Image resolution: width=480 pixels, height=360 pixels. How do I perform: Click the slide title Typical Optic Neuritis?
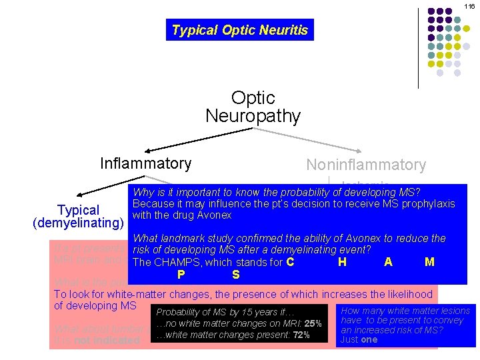pyautogui.click(x=239, y=30)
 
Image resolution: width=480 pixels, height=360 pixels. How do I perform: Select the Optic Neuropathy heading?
pyautogui.click(x=253, y=107)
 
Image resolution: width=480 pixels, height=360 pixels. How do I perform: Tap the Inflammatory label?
pyautogui.click(x=145, y=163)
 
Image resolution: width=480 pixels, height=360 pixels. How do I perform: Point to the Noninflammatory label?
pyautogui.click(x=365, y=165)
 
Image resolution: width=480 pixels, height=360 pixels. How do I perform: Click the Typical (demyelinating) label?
pyautogui.click(x=79, y=217)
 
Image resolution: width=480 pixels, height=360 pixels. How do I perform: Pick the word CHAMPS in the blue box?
pyautogui.click(x=179, y=262)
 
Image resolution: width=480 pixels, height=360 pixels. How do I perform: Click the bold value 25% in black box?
pyautogui.click(x=313, y=324)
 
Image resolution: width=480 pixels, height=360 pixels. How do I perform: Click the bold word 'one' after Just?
pyautogui.click(x=368, y=339)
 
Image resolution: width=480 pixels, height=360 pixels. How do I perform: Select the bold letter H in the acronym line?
pyautogui.click(x=342, y=262)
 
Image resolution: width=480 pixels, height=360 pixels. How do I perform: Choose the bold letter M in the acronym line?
pyautogui.click(x=429, y=262)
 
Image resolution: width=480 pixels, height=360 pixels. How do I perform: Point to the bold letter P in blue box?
pyautogui.click(x=181, y=274)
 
